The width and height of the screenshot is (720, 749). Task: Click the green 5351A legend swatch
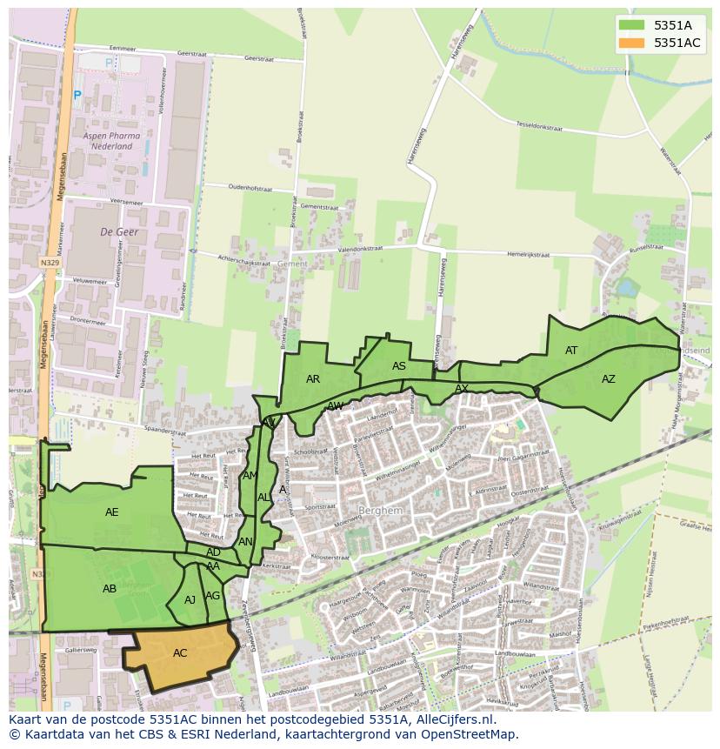[632, 25]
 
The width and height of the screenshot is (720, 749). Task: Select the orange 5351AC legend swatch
[632, 43]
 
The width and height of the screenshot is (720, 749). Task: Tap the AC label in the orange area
[180, 653]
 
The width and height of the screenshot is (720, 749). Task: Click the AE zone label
[112, 512]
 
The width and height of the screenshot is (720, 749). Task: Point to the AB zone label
[110, 589]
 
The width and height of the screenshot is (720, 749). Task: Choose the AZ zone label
[609, 379]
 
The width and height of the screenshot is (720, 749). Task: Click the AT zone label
[571, 351]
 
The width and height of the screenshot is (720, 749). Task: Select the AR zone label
[313, 379]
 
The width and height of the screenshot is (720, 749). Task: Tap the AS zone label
[399, 366]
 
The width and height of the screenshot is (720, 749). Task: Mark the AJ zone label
[190, 599]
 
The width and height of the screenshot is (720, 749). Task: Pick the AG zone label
[213, 596]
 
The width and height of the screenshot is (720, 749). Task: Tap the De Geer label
[119, 232]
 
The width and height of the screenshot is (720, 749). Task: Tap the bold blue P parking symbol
[77, 96]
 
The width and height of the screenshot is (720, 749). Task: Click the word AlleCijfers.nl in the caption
[451, 719]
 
